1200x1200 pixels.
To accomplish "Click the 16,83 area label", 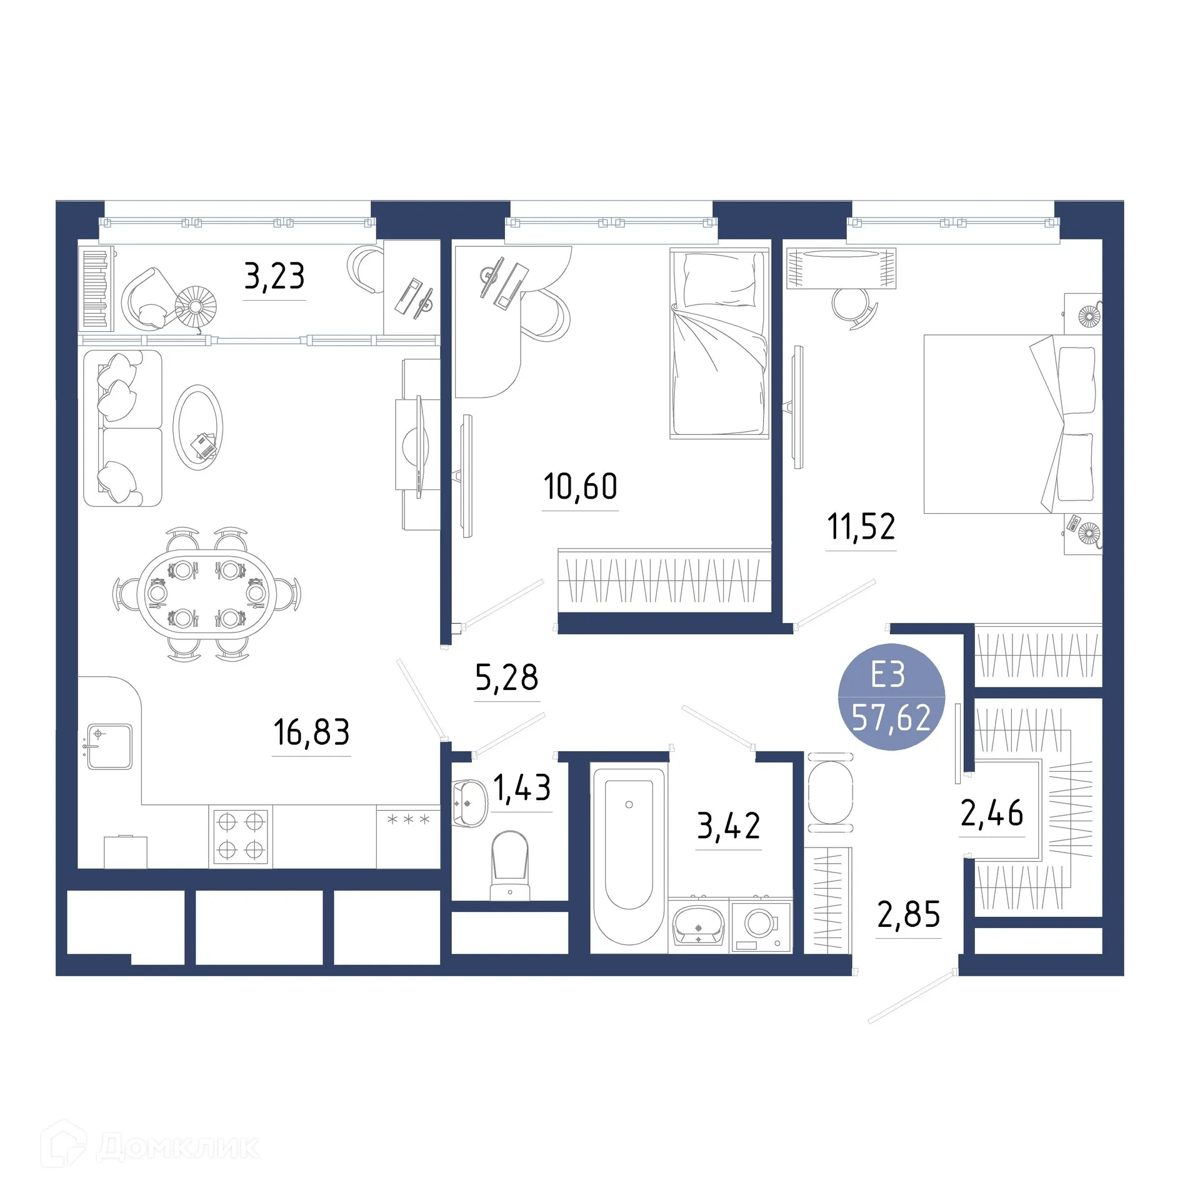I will coord(311,732).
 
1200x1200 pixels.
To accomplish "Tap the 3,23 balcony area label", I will coord(274,276).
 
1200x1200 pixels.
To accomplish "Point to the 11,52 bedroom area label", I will coord(861,526).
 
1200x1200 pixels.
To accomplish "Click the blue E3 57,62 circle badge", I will coord(891,696).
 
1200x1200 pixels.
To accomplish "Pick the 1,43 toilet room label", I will coord(522,787).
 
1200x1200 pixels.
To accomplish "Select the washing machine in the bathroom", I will coord(761,926).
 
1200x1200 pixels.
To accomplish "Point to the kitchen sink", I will coord(110,746).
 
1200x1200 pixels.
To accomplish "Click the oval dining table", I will coord(206,594).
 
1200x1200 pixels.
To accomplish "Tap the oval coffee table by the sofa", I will coord(198,427).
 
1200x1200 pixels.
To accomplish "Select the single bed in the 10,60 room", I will coord(719,344).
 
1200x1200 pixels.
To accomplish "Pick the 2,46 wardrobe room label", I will coord(992,813).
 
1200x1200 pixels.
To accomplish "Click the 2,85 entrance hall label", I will coord(908,914).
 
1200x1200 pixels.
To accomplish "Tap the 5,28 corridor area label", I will coord(506,677).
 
